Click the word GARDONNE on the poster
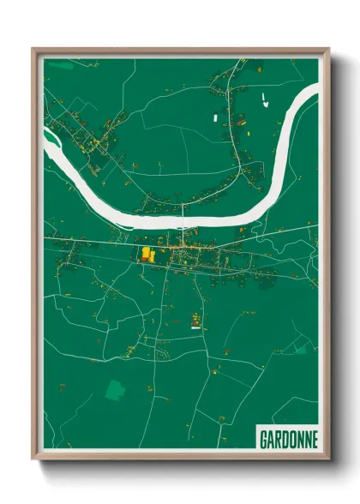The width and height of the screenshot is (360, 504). [288, 439]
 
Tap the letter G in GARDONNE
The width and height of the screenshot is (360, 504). [263, 439]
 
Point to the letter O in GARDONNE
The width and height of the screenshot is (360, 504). [291, 439]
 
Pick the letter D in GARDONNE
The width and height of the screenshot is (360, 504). [284, 439]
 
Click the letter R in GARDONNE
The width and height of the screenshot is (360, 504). [277, 439]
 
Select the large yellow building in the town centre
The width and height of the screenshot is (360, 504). [147, 254]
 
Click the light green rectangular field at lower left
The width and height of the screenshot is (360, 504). [114, 389]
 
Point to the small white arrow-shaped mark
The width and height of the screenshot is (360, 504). [265, 102]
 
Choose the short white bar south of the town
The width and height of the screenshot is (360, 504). [195, 327]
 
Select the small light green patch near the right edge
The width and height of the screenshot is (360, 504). [302, 349]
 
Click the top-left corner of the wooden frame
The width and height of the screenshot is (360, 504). [33, 48]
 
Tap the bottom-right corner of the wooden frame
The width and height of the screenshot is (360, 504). [329, 460]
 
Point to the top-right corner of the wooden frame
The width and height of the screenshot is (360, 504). [329, 48]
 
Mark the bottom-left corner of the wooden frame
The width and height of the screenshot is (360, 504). [33, 460]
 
